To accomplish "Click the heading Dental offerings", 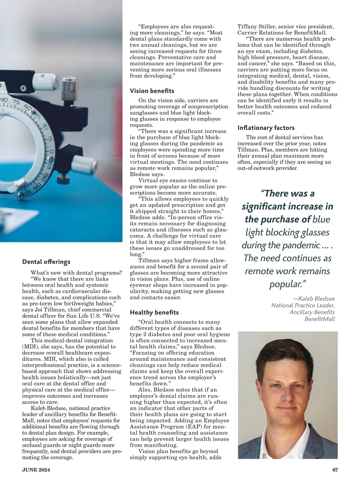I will (46, 262).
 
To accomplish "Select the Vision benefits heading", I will (152, 91).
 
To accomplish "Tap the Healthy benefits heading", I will (154, 312).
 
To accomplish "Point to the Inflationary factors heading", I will (266, 128).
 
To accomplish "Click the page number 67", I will (335, 470).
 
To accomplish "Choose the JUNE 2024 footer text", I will (36, 470).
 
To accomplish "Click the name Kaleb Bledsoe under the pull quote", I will (316, 299).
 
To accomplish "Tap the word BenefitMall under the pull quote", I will (319, 319).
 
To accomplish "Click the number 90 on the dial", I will (4, 99).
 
